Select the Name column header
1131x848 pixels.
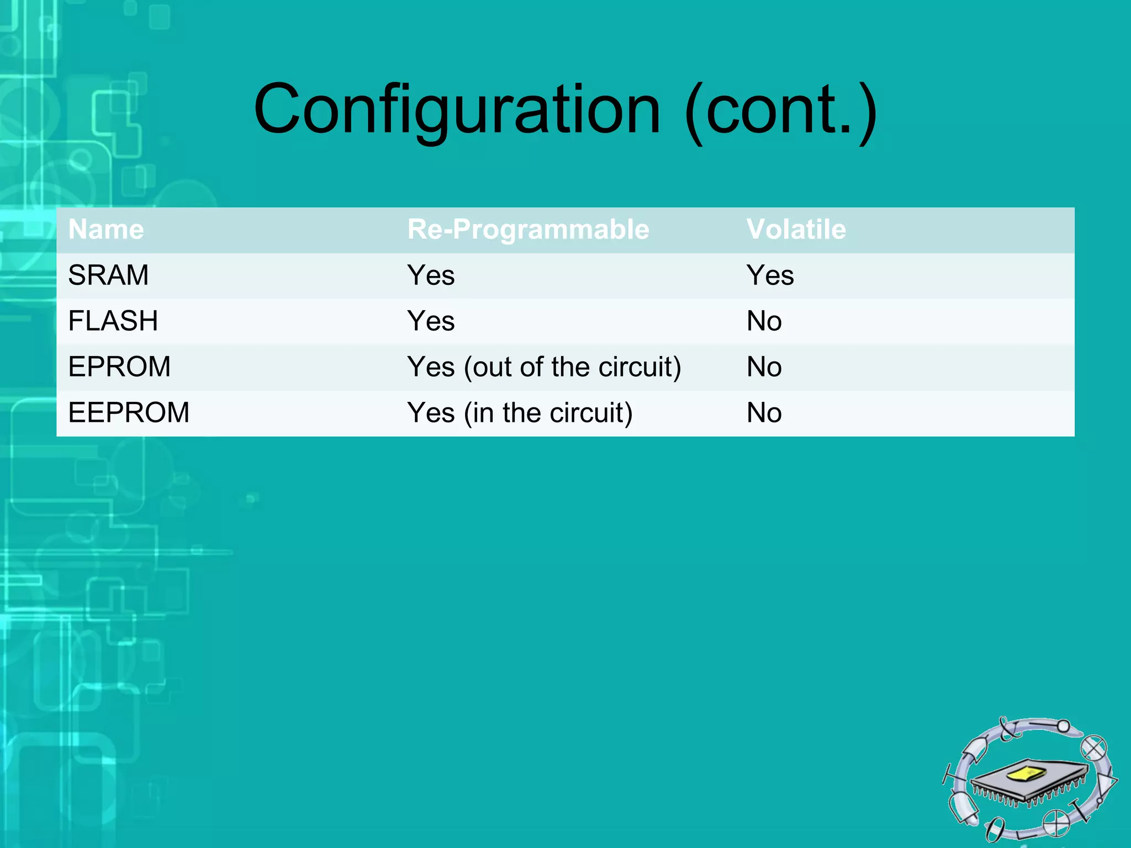click(x=106, y=229)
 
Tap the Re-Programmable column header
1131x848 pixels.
click(x=528, y=229)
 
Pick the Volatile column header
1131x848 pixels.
click(x=796, y=229)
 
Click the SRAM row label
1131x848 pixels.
click(x=108, y=275)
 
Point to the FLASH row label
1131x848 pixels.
click(x=113, y=321)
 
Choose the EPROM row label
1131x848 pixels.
click(x=119, y=367)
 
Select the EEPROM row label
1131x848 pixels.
click(x=129, y=412)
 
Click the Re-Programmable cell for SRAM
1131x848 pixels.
click(x=431, y=275)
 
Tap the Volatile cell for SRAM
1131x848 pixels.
click(x=770, y=275)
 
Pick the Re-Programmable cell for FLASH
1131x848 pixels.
click(x=431, y=321)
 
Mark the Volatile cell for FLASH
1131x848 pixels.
click(x=764, y=321)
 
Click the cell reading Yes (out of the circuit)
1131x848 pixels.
click(x=544, y=367)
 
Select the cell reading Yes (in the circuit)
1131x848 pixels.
click(x=520, y=413)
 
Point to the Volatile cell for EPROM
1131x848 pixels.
click(x=764, y=367)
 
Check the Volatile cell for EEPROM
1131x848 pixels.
click(x=764, y=412)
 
